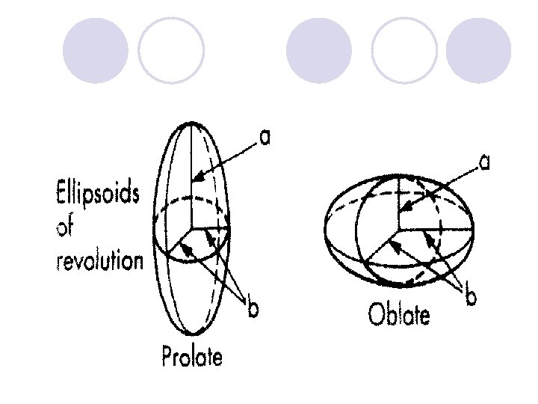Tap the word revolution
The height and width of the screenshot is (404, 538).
tap(99, 260)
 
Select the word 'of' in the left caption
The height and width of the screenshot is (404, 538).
tap(66, 227)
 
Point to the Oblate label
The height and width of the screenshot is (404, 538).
tap(399, 314)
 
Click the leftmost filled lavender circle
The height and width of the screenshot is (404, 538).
tap(95, 50)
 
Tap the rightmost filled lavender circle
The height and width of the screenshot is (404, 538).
tap(478, 50)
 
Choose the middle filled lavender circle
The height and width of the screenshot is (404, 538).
tap(319, 50)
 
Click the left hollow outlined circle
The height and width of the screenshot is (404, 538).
tap(171, 50)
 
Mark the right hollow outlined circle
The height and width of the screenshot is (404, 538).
tap(403, 50)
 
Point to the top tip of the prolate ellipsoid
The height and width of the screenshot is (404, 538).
tap(192, 121)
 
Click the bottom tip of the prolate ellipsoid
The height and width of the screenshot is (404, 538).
tap(192, 334)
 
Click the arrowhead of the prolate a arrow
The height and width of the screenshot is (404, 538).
tap(194, 180)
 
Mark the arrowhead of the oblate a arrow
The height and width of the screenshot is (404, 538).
tap(403, 207)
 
